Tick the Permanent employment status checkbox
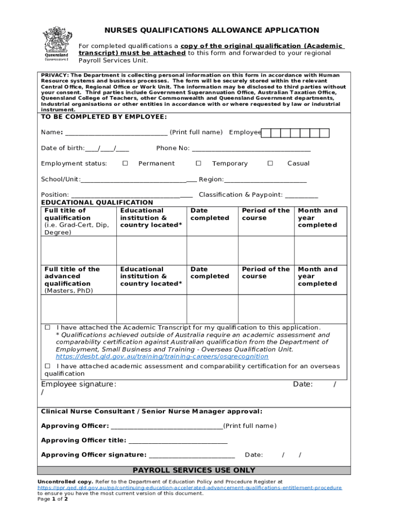[125, 163]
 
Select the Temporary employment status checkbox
[199, 163]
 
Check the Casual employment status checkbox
[271, 163]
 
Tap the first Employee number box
[265, 133]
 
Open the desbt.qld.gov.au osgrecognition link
[162, 356]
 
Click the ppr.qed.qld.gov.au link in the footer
[189, 488]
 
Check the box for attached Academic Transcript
[47, 327]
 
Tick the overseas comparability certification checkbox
[47, 366]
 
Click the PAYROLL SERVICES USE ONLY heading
[194, 470]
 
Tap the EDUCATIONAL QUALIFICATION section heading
[97, 203]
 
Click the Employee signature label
[79, 384]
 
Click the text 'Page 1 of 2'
[53, 499]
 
